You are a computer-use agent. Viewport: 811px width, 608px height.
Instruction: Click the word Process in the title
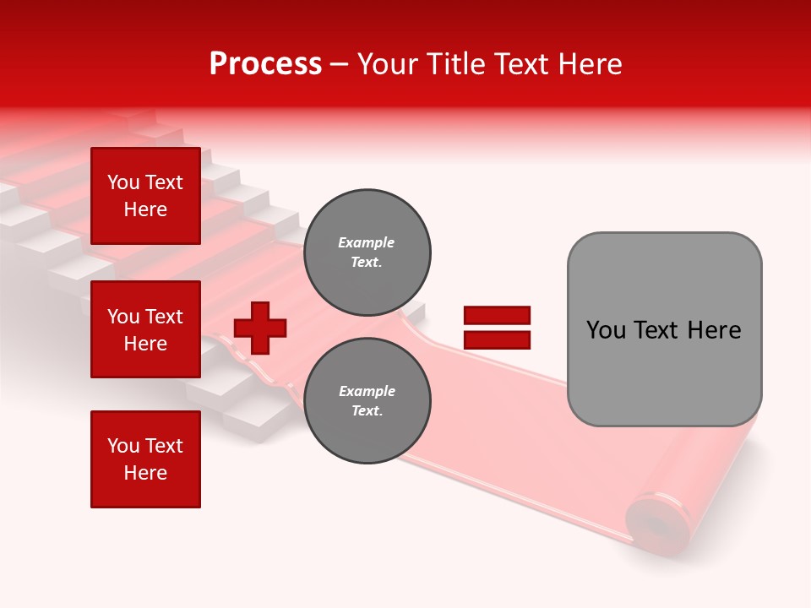[x=265, y=64]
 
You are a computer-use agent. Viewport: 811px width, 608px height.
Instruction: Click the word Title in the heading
[x=454, y=64]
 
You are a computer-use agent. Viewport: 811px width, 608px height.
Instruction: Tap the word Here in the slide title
[x=589, y=64]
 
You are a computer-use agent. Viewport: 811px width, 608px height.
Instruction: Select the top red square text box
[x=145, y=196]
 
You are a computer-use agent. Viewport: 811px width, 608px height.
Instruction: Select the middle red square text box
[x=145, y=329]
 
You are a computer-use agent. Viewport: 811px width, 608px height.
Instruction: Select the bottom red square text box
[x=145, y=459]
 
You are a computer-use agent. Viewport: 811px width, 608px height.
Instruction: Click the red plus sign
[x=260, y=328]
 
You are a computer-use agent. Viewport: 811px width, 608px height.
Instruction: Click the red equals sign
[x=497, y=328]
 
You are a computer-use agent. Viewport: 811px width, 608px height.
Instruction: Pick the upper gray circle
[x=367, y=252]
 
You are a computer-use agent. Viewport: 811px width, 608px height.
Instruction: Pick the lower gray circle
[x=367, y=400]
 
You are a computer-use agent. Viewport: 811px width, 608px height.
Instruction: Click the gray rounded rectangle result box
[x=664, y=329]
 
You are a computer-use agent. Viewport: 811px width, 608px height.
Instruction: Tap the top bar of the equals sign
[x=497, y=316]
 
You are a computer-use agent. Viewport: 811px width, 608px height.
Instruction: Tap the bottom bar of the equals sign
[x=497, y=340]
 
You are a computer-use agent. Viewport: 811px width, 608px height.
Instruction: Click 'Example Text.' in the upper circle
[x=367, y=252]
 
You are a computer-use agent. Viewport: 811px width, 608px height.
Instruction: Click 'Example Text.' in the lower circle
[x=367, y=400]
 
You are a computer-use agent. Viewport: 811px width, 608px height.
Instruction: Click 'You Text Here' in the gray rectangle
[x=664, y=330]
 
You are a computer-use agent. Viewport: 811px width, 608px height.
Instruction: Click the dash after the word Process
[x=340, y=64]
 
